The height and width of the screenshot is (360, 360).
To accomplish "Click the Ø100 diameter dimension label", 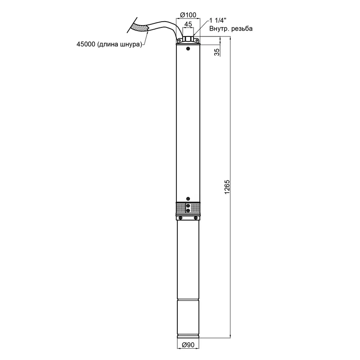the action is tap(188, 15).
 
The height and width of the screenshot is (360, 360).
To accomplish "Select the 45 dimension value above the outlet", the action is tap(188, 24).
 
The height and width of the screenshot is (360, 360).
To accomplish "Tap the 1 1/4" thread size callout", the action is tap(218, 20).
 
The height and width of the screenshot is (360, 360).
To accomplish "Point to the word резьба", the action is tap(242, 29).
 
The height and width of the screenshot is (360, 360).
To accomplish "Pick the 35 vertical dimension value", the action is tap(217, 52).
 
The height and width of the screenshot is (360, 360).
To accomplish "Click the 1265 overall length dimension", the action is tap(227, 187).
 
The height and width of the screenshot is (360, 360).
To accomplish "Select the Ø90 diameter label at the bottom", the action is tap(188, 345).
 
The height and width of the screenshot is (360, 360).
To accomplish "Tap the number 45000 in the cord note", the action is tap(85, 44).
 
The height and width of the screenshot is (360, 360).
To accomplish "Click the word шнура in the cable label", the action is tap(130, 45).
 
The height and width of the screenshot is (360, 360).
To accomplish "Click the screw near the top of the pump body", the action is tap(188, 49).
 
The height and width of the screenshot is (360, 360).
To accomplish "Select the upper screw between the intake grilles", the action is tap(188, 206).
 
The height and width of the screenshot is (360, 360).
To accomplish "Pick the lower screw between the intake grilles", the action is tap(188, 210).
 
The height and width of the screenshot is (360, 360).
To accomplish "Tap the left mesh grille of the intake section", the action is tap(181, 208).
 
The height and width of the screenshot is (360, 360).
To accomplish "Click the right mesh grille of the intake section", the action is tap(195, 208).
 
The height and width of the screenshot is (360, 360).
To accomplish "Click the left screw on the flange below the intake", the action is tap(180, 218).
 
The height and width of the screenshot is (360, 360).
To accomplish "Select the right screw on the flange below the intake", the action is tap(196, 218).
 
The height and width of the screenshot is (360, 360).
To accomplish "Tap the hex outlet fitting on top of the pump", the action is tap(188, 39).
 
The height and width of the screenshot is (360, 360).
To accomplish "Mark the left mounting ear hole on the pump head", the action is tap(179, 40).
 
